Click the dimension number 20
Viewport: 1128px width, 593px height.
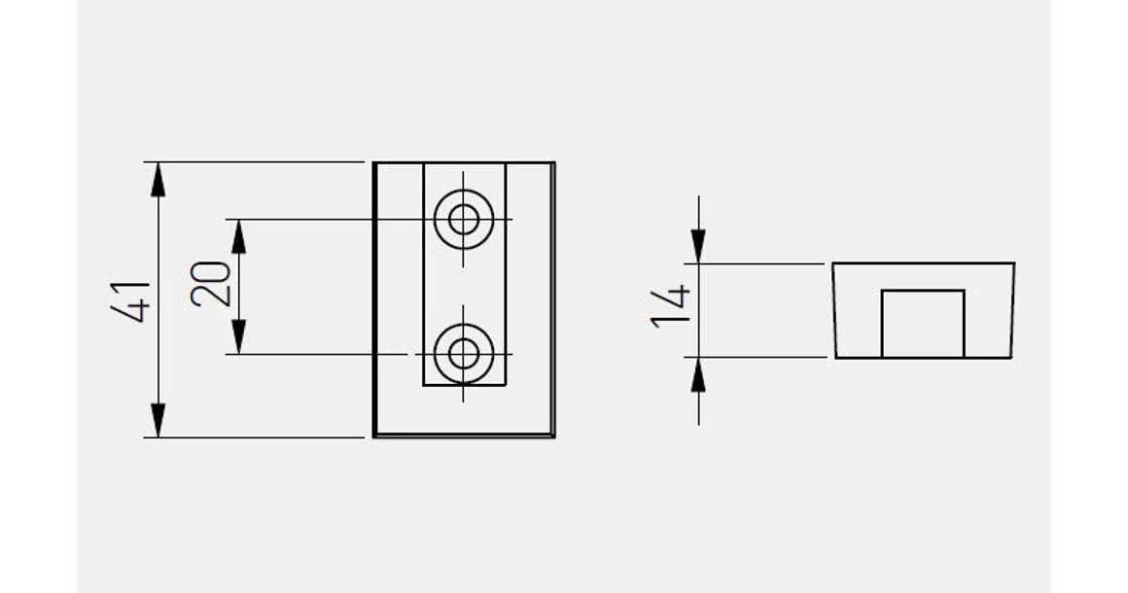click(x=211, y=285)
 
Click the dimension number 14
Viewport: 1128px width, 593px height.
click(x=670, y=307)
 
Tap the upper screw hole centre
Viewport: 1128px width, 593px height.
click(x=464, y=219)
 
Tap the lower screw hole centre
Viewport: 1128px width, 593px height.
click(x=464, y=354)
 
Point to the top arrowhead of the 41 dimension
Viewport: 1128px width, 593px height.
click(x=159, y=180)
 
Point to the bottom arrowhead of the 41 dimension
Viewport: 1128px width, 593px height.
click(x=159, y=421)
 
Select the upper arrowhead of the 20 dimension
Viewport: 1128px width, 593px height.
click(x=239, y=236)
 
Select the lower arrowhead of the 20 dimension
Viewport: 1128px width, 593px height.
click(x=239, y=337)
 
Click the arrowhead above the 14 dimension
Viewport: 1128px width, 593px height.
click(x=698, y=247)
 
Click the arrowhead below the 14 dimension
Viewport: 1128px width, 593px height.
click(x=698, y=374)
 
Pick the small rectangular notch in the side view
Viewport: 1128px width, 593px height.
click(x=923, y=324)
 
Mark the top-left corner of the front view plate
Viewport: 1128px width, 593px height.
click(x=374, y=163)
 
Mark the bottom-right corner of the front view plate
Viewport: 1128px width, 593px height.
click(x=554, y=436)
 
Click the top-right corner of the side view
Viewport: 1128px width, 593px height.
click(x=1014, y=263)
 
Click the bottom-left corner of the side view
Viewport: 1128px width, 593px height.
click(x=836, y=357)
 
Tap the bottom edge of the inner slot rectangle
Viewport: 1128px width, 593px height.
click(x=464, y=385)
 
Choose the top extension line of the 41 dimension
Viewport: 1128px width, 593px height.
click(x=254, y=162)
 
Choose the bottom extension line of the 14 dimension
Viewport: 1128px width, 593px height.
click(x=755, y=357)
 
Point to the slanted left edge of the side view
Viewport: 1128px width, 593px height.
click(x=834, y=310)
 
